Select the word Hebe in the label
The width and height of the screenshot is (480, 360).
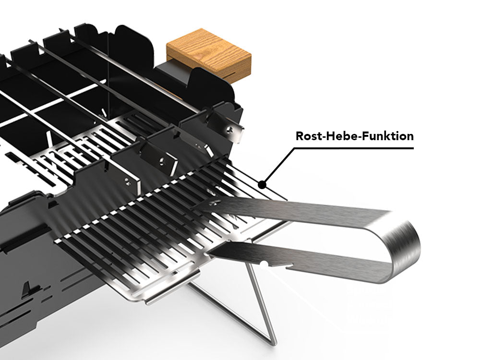pyautogui.click(x=342, y=136)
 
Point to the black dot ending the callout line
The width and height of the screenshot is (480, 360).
pyautogui.click(x=262, y=183)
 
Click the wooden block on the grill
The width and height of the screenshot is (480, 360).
pyautogui.click(x=209, y=54)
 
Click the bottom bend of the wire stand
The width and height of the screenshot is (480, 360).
pyautogui.click(x=272, y=342)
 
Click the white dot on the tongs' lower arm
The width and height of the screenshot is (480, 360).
pyautogui.click(x=265, y=263)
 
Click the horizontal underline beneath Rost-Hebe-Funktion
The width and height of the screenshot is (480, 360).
pyautogui.click(x=355, y=148)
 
